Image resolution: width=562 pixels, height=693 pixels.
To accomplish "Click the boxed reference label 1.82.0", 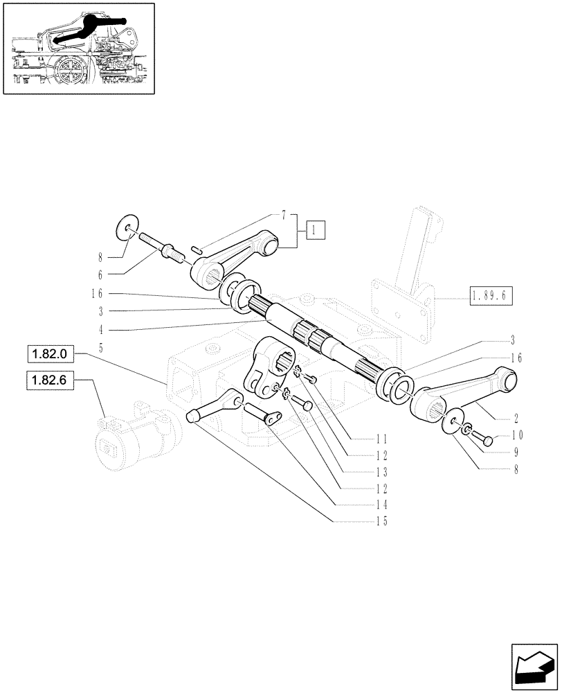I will [x=50, y=355].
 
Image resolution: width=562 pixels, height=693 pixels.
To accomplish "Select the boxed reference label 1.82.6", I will [x=50, y=380].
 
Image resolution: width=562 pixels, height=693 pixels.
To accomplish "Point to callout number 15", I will [x=380, y=522].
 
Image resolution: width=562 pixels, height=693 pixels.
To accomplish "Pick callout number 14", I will [x=380, y=505].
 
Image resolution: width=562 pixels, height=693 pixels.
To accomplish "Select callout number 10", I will [x=518, y=436].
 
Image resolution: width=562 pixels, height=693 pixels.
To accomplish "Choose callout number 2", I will [x=516, y=419].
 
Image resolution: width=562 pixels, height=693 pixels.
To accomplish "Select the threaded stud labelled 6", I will [x=163, y=247].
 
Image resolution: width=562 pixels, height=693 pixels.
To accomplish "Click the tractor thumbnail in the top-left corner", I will [x=78, y=48].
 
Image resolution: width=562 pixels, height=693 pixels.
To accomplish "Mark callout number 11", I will [x=380, y=439].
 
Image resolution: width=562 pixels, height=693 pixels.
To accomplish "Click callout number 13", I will [x=380, y=472].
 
